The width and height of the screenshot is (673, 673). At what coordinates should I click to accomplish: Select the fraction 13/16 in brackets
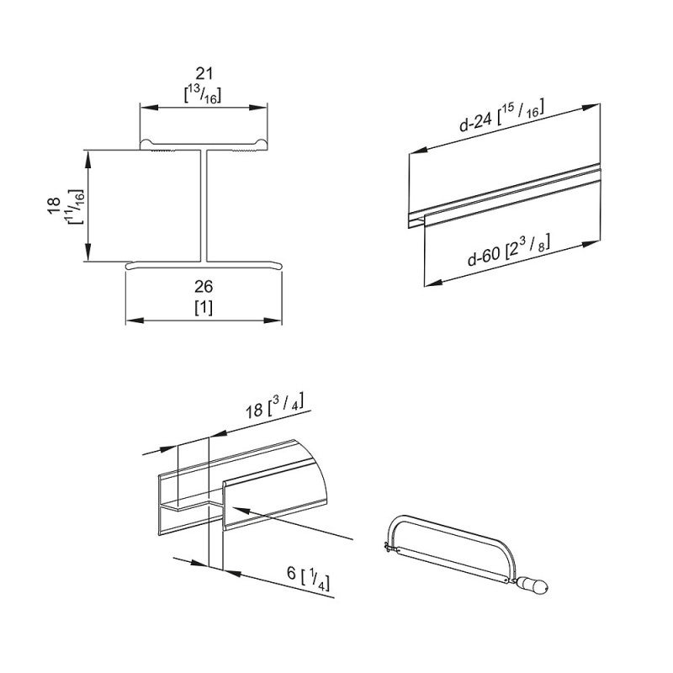(204, 95)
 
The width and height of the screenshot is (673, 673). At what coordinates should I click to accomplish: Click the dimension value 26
(204, 287)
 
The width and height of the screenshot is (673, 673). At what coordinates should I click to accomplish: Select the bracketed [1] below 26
(204, 306)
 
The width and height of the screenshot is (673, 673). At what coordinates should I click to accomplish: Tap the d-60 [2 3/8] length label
(510, 250)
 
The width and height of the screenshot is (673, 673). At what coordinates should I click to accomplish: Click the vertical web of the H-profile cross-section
(204, 206)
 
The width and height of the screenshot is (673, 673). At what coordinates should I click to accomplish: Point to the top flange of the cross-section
(204, 146)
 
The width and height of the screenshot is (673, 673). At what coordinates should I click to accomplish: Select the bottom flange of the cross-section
(204, 265)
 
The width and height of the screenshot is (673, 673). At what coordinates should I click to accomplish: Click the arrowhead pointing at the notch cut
(235, 508)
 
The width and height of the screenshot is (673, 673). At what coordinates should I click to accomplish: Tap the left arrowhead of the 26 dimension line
(130, 321)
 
